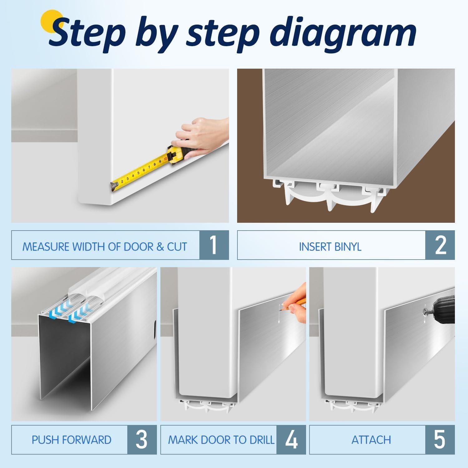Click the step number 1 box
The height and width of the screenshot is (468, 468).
point(214,245)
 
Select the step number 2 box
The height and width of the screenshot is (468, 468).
point(440,245)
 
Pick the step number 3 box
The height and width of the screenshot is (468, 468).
point(142,439)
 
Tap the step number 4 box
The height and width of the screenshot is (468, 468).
point(291,439)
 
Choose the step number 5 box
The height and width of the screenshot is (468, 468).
point(440,439)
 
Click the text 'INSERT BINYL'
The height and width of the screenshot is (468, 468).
point(330,247)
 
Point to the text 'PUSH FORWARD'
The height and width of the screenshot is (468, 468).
point(71,440)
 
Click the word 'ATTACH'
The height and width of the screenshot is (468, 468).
point(371,440)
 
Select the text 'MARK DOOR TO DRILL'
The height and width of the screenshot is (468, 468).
point(221,440)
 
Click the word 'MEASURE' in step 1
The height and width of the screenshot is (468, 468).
point(46,247)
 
